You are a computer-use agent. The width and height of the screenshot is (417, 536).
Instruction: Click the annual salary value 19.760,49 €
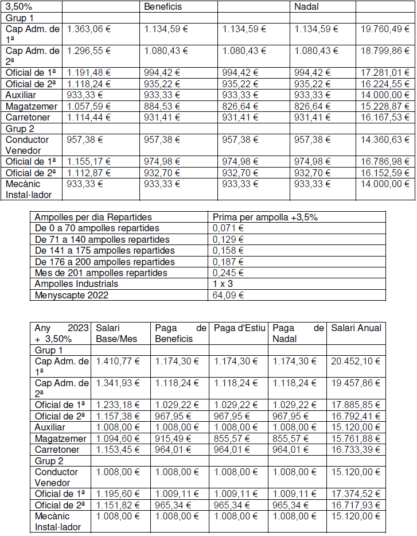[x=385, y=29]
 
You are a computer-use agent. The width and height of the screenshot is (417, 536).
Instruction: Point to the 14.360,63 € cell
[x=385, y=139]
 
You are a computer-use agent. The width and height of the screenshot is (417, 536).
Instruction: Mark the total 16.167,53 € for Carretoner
[x=385, y=117]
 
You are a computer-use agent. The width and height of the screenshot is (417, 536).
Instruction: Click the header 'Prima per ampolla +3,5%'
[x=265, y=217]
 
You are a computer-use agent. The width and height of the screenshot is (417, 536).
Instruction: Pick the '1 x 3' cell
[x=223, y=283]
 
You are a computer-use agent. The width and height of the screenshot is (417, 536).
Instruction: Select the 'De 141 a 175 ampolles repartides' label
[x=105, y=251]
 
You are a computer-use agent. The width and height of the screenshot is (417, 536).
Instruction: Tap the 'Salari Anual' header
[x=356, y=328]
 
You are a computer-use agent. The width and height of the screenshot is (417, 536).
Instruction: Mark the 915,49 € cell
[x=172, y=438]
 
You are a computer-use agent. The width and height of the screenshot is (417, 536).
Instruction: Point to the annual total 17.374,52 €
[x=356, y=494]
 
